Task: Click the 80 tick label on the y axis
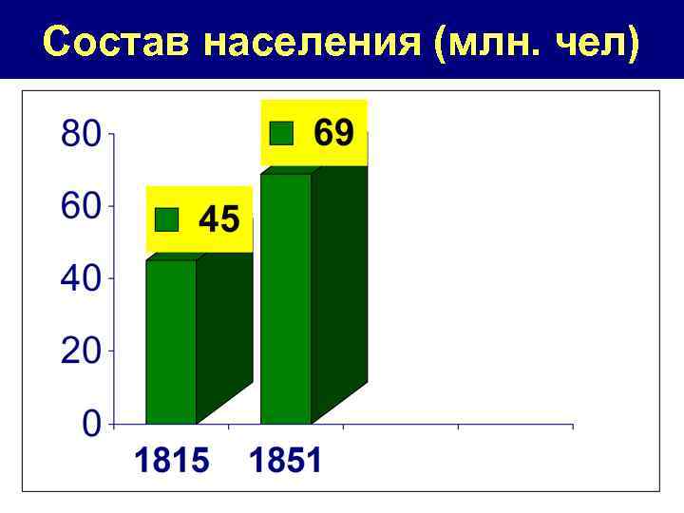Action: (80, 134)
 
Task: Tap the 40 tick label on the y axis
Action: (80, 279)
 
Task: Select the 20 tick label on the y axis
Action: (80, 351)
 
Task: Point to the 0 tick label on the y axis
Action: (91, 424)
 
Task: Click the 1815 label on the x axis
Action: (171, 463)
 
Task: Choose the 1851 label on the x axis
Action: (286, 463)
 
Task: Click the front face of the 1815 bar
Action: (171, 342)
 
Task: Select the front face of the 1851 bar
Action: (286, 299)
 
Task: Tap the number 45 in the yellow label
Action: (219, 220)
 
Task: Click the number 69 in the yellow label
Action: (333, 133)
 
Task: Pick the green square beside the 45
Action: (167, 220)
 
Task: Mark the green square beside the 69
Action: (281, 133)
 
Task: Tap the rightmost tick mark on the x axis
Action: (573, 427)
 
